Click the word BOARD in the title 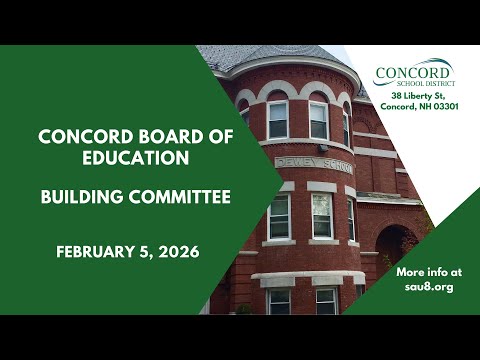point(171,136)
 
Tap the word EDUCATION point(136,158)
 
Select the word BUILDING point(82,197)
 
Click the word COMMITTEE point(180,197)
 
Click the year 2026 point(179,252)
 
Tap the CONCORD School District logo point(414,72)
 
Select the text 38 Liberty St point(418,96)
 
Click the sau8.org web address point(429,287)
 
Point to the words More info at point(429,272)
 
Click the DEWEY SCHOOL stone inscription point(314,165)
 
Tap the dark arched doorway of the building point(396,248)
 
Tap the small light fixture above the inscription point(323,148)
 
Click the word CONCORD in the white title point(86,136)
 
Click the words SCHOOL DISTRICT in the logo point(426,83)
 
